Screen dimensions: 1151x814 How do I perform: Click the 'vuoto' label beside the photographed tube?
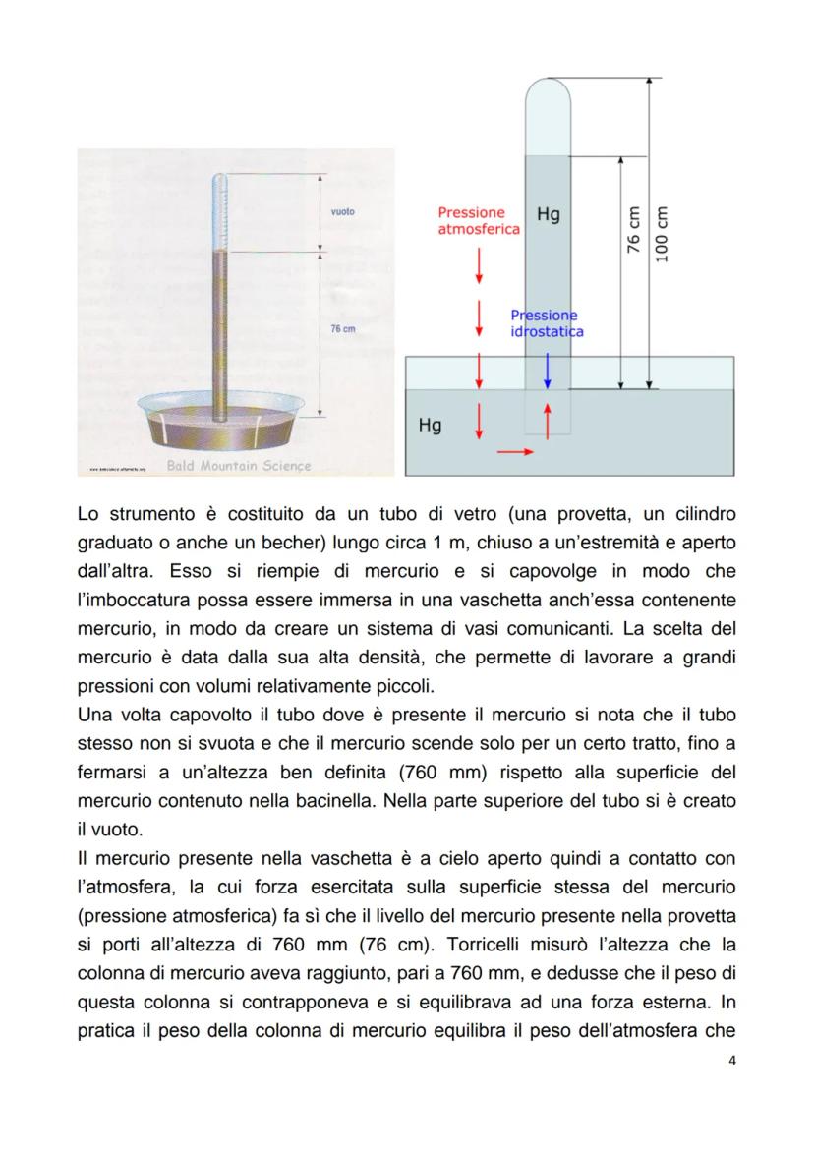343,211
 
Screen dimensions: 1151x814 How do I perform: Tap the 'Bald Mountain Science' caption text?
239,466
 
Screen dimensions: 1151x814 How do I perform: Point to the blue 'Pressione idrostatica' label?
547,323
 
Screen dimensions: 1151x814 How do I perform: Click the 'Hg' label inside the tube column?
549,213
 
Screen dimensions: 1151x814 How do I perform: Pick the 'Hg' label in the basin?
430,426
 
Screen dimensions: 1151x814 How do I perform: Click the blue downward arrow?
548,370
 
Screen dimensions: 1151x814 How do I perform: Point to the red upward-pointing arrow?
548,417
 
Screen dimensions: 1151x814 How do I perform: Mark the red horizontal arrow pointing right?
515,452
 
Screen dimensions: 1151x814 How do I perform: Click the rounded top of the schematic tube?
548,92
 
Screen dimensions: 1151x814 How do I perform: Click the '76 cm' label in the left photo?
342,329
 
